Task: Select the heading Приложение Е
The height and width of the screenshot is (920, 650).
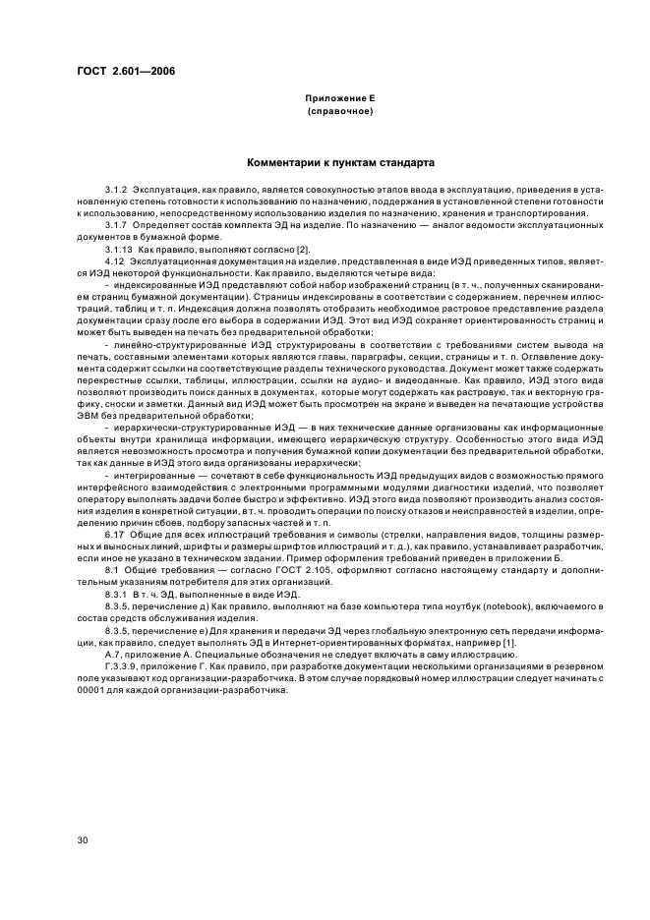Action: (x=339, y=99)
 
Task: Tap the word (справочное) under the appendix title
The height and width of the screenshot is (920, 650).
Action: (x=339, y=111)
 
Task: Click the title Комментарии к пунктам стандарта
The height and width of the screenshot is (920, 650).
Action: (x=339, y=162)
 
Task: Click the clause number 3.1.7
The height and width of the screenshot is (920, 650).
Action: (x=116, y=225)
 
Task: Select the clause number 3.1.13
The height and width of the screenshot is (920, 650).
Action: (x=118, y=250)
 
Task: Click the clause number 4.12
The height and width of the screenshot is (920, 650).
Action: (x=113, y=262)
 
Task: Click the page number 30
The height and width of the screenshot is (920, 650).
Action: (x=82, y=842)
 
